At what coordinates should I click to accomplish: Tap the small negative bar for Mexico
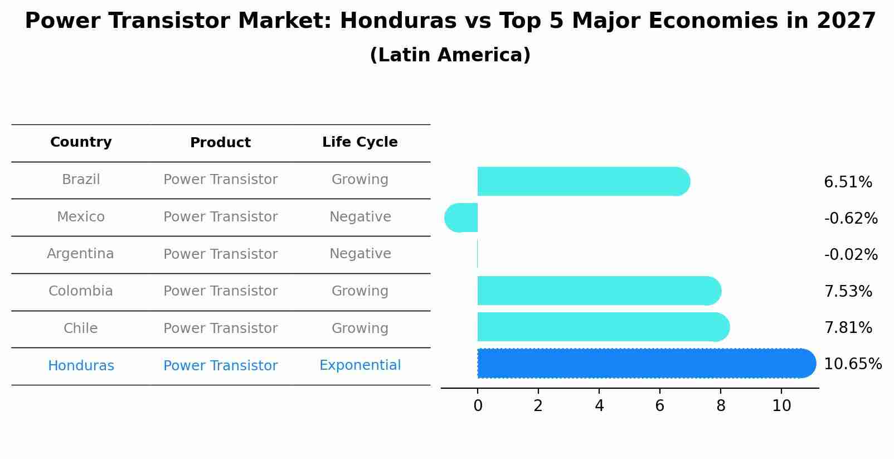[x=461, y=218]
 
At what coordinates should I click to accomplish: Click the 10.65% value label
[x=852, y=364]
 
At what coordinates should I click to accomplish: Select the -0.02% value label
[x=851, y=255]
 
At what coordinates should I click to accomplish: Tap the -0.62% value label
[x=851, y=218]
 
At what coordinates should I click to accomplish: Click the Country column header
[x=81, y=142]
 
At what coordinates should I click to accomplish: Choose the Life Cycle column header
[x=359, y=142]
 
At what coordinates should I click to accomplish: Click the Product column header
[x=220, y=143]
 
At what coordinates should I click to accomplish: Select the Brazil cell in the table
[x=81, y=180]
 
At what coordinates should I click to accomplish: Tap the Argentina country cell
[x=80, y=254]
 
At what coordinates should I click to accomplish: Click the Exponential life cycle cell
[x=359, y=365]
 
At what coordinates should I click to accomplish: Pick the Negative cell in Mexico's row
[x=359, y=217]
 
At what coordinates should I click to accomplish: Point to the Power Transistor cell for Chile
[x=220, y=328]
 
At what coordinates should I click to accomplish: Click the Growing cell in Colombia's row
[x=359, y=291]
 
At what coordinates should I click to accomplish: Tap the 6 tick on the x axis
[x=659, y=405]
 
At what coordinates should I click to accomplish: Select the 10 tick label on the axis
[x=781, y=405]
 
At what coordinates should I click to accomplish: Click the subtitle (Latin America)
[x=450, y=55]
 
